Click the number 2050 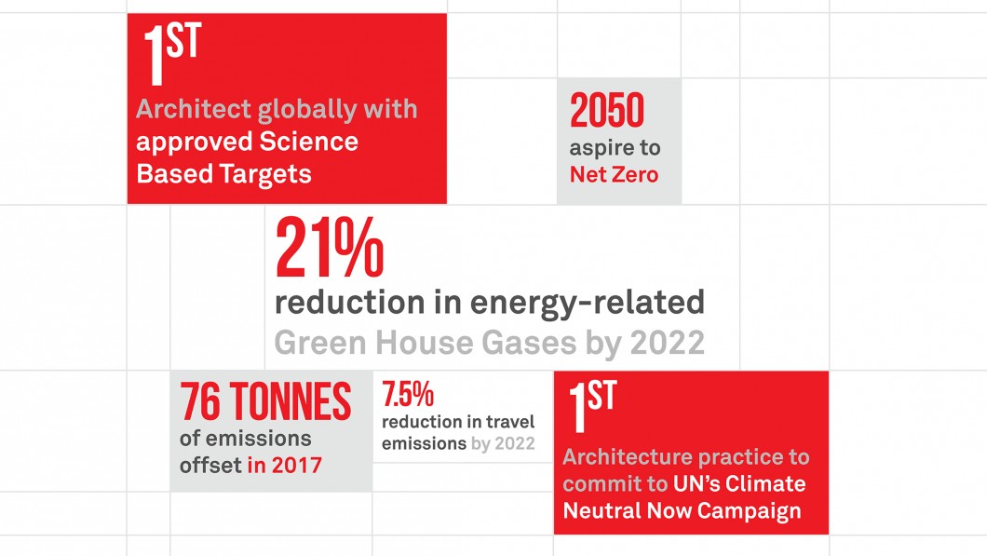pyautogui.click(x=607, y=110)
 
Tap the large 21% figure pyautogui.click(x=330, y=248)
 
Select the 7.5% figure pyautogui.click(x=408, y=395)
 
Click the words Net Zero pyautogui.click(x=614, y=174)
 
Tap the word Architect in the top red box pyautogui.click(x=194, y=109)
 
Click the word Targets pyautogui.click(x=265, y=174)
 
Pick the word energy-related pyautogui.click(x=588, y=302)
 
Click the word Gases pyautogui.click(x=529, y=343)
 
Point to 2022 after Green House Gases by pyautogui.click(x=668, y=343)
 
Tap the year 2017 pyautogui.click(x=296, y=466)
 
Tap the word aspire pyautogui.click(x=595, y=149)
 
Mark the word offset pyautogui.click(x=210, y=466)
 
